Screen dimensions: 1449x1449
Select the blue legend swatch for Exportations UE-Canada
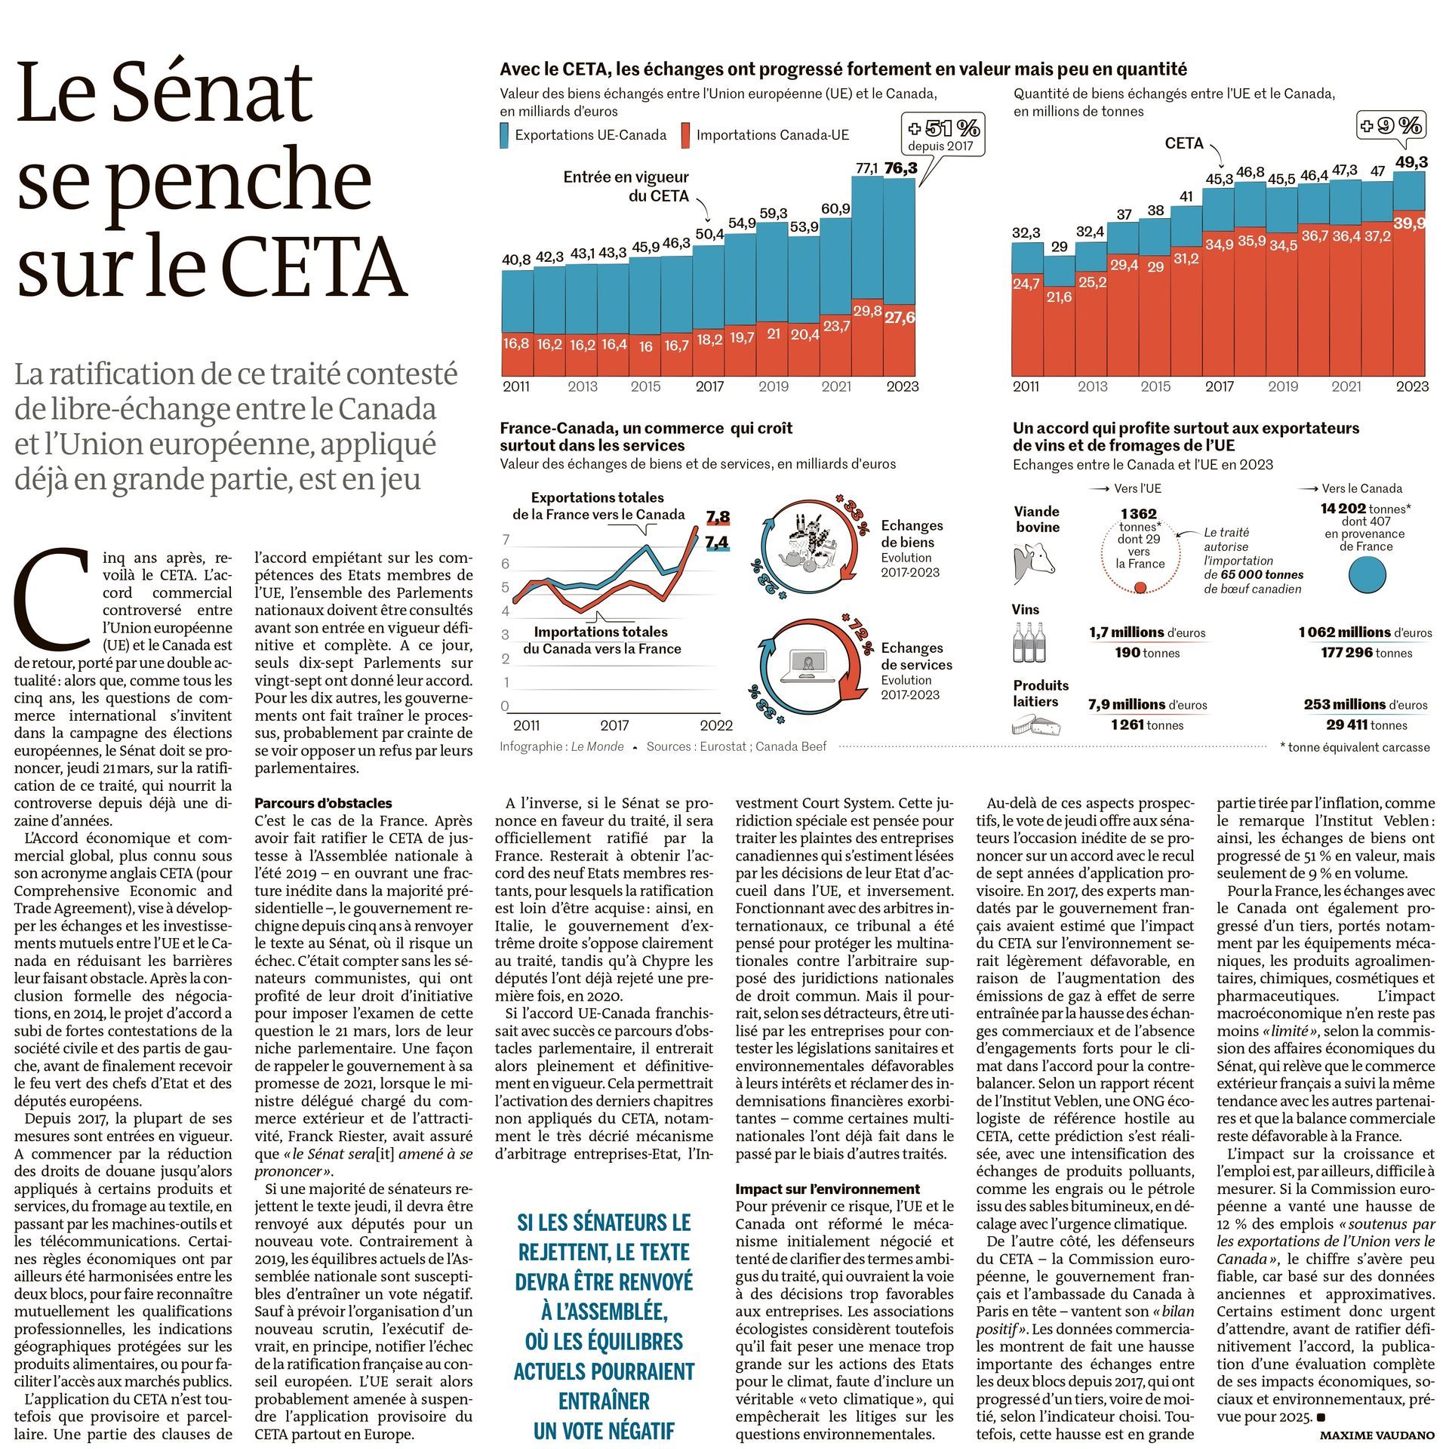(505, 135)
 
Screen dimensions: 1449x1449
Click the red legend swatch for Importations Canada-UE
(685, 135)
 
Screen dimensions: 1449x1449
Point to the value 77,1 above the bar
(866, 168)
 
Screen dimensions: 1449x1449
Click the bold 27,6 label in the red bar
(900, 318)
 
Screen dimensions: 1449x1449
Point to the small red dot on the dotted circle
(1140, 587)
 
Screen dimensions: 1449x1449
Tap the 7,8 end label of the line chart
(718, 517)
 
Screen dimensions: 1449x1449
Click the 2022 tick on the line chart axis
(715, 725)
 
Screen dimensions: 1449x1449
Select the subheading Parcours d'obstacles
(323, 803)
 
